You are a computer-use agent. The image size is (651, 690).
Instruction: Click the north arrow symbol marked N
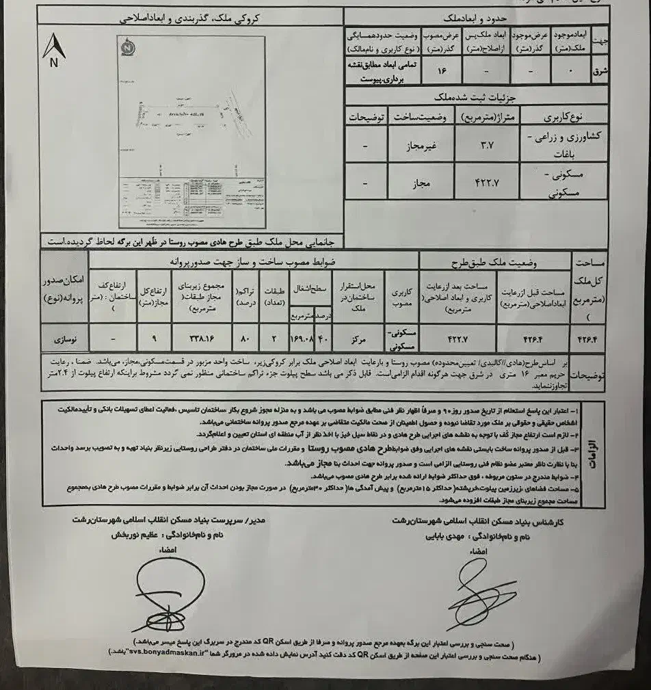53,49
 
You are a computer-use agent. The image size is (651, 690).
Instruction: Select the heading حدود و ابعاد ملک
477,16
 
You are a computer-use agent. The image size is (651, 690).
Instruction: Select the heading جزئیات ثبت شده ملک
477,96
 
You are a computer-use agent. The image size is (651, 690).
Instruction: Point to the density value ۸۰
245,336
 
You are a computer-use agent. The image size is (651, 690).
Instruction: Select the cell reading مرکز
356,336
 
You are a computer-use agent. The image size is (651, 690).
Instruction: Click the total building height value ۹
155,336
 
